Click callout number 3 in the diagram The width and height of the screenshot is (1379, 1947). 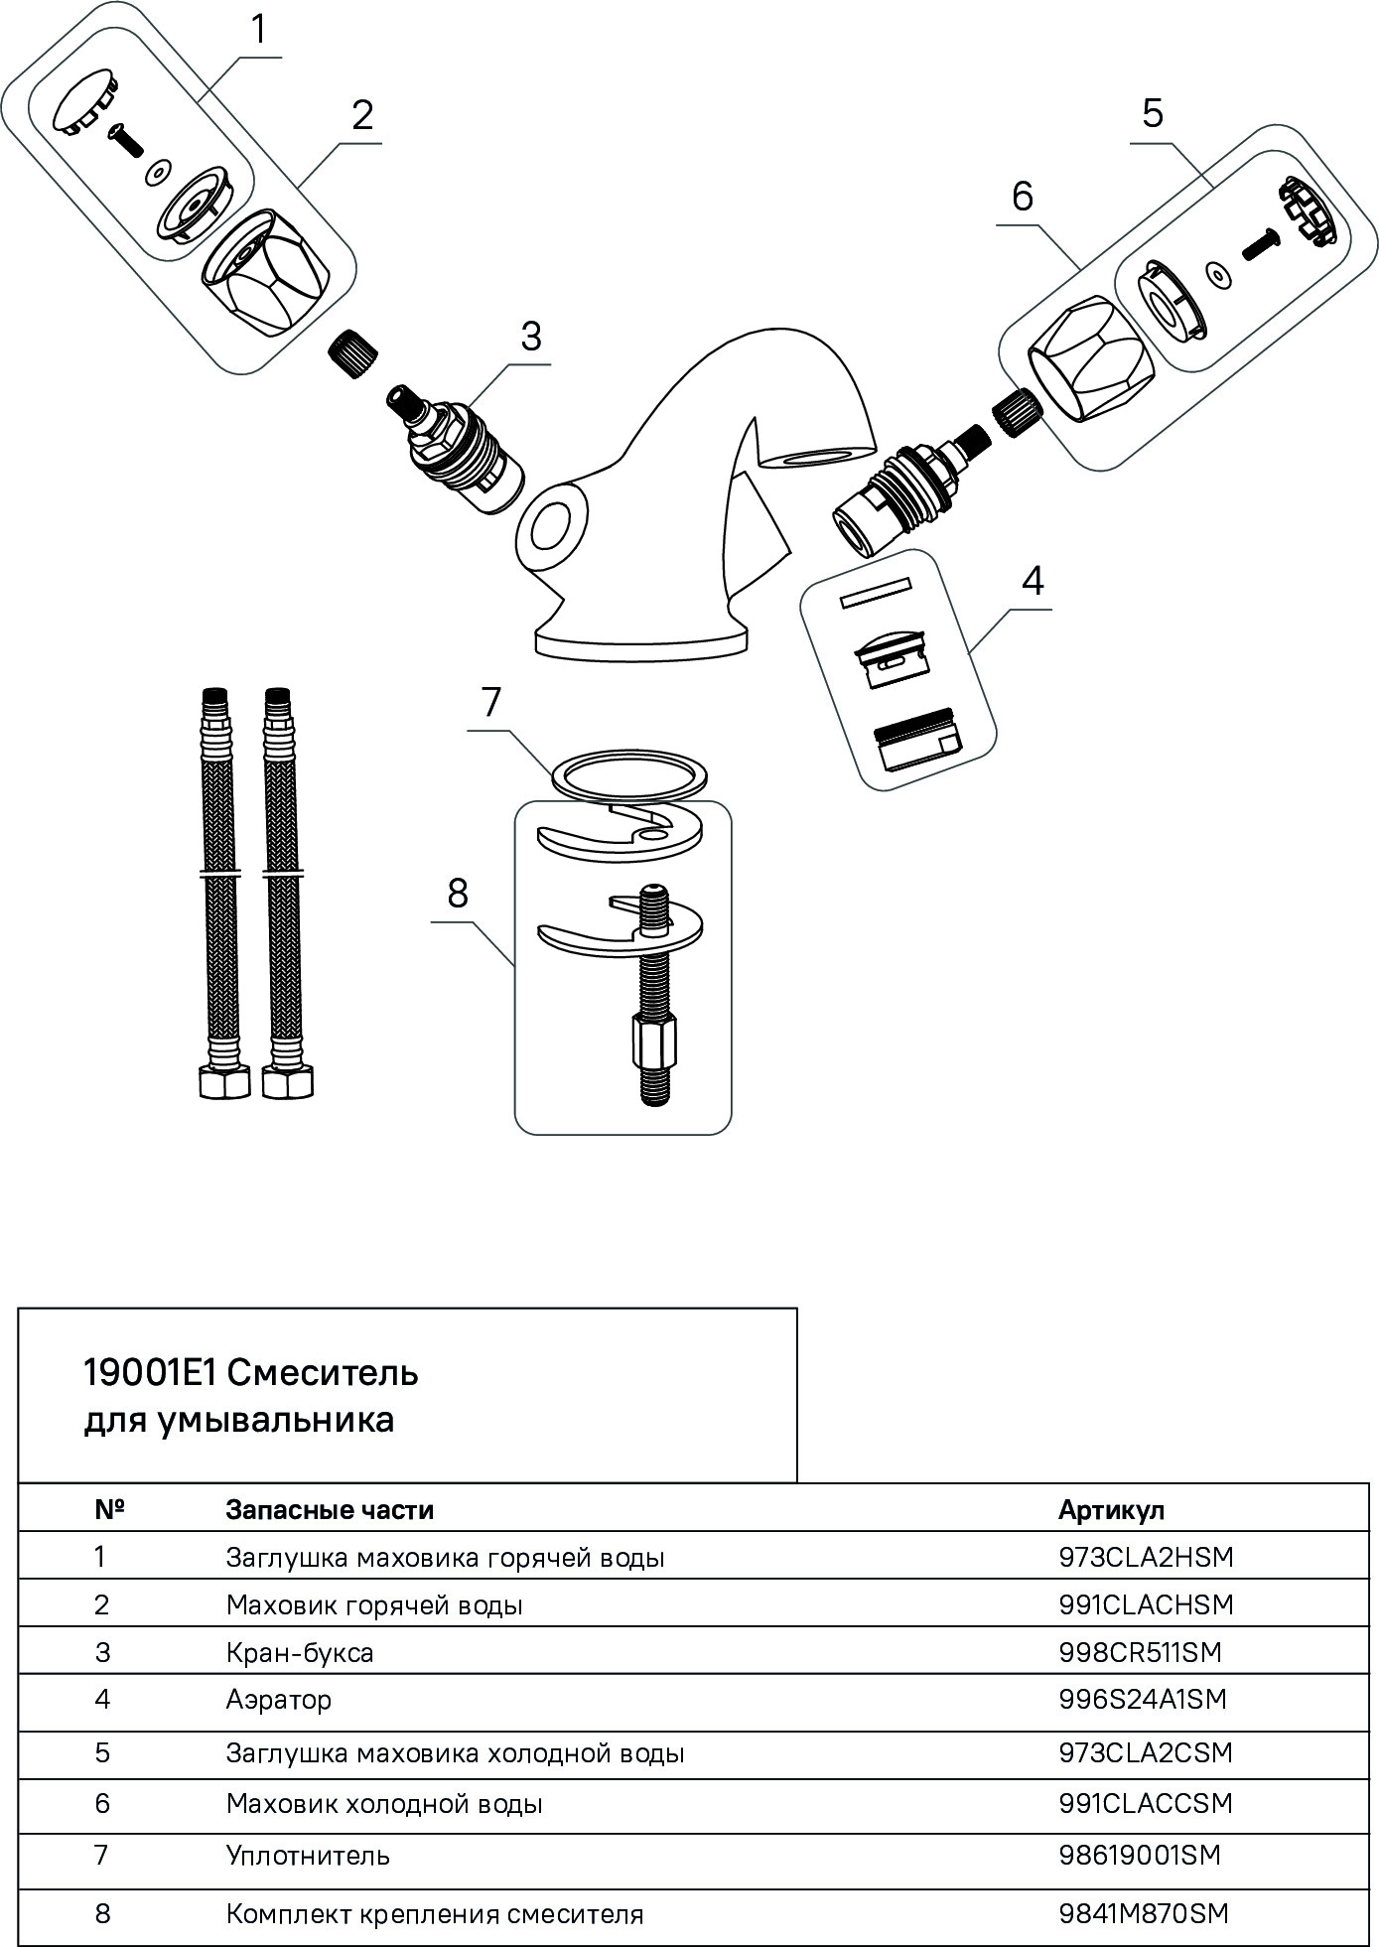click(531, 337)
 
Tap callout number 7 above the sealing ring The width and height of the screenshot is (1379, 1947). click(491, 703)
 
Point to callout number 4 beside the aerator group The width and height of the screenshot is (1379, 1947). click(1033, 580)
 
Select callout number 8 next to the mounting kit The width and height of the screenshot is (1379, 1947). click(457, 894)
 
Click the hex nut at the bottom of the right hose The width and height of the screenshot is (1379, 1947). click(287, 1081)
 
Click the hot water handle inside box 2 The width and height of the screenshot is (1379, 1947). click(265, 276)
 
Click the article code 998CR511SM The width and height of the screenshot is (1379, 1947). click(1141, 1652)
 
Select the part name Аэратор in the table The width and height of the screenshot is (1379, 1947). click(278, 1700)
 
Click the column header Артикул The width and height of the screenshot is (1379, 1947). click(1110, 1510)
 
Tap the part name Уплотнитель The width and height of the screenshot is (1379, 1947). click(308, 1855)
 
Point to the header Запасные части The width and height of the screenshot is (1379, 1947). click(330, 1510)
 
